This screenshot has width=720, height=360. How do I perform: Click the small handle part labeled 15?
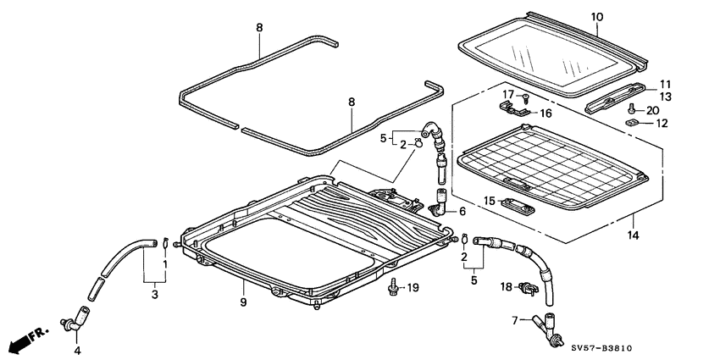click(513, 204)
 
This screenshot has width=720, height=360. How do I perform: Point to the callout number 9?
click(243, 302)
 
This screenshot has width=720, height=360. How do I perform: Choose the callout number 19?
click(413, 289)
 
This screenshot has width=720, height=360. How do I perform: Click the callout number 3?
click(155, 294)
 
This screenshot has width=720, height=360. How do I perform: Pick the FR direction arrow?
click(24, 343)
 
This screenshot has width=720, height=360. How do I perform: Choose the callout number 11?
click(664, 84)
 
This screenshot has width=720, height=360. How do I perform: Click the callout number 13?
click(664, 97)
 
